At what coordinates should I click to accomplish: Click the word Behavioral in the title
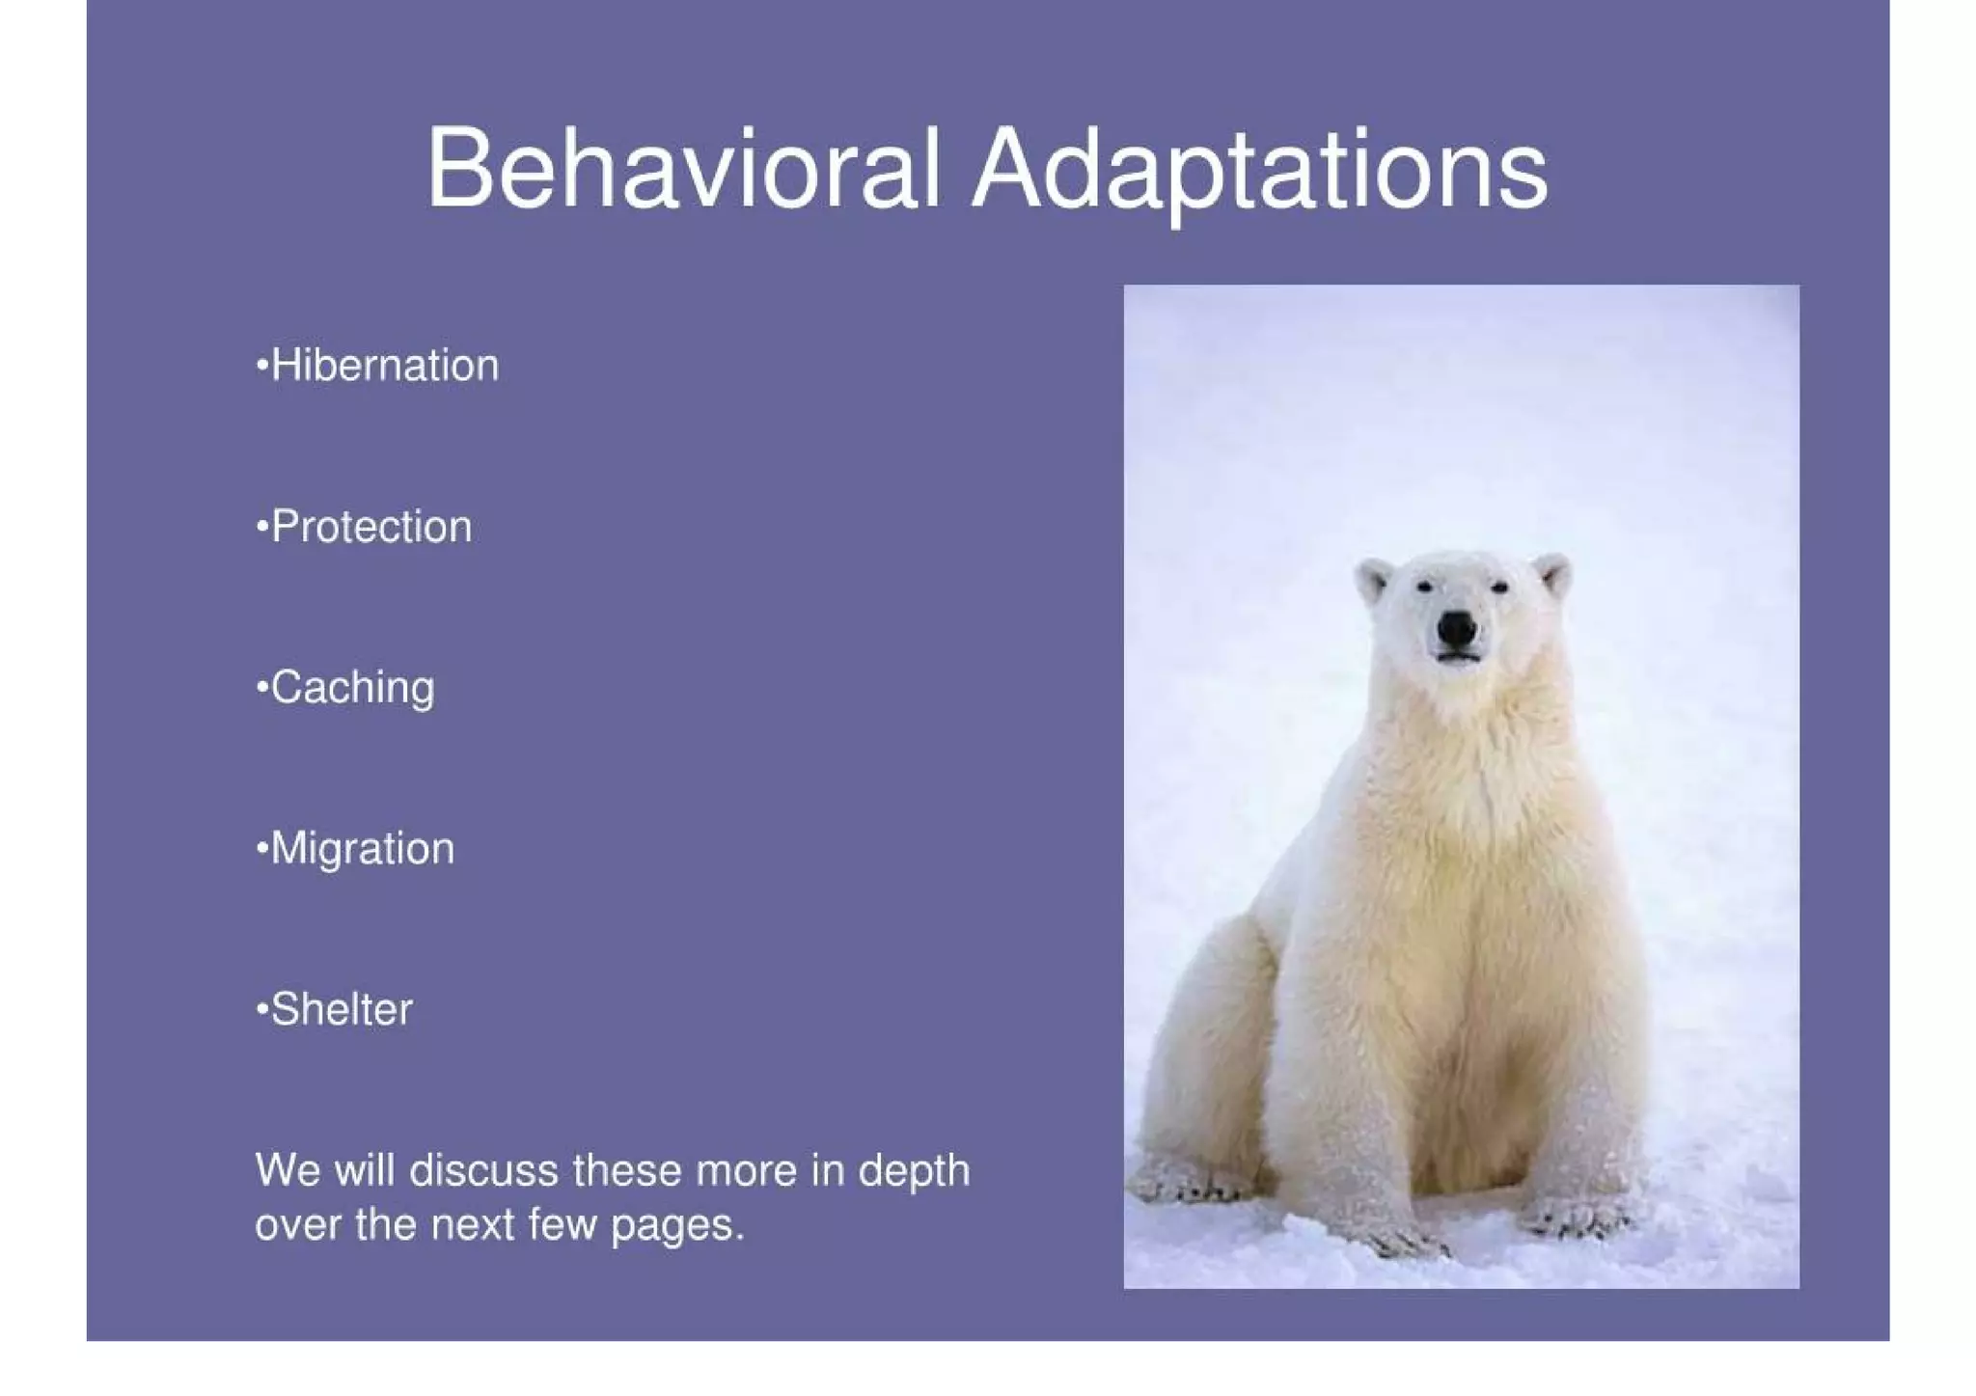tap(683, 169)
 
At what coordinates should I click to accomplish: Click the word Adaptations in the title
tap(1259, 172)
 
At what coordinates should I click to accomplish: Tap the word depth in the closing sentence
tap(913, 1171)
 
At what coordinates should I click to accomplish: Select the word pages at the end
tap(676, 1226)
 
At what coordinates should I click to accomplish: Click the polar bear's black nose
tap(1456, 630)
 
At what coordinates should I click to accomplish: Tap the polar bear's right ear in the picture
tap(1552, 574)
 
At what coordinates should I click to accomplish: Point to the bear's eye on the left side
tap(1424, 586)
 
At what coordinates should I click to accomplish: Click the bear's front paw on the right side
tap(1578, 1218)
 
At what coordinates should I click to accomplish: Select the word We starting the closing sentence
tap(287, 1171)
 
